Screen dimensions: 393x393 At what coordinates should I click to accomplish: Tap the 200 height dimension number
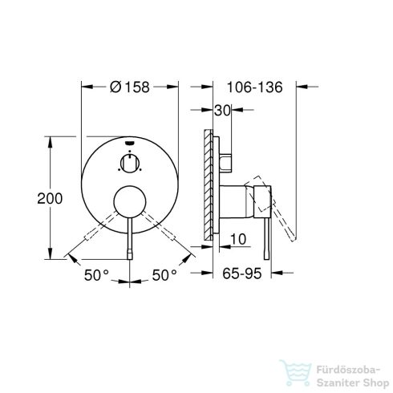coord(29,197)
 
